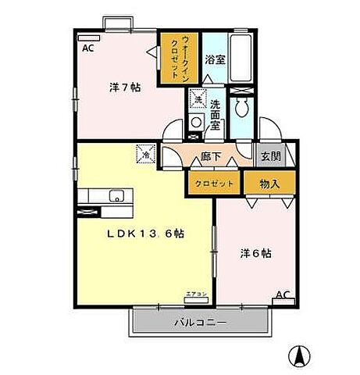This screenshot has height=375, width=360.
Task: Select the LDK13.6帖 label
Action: pos(145,233)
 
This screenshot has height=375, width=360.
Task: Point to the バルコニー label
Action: pos(199,322)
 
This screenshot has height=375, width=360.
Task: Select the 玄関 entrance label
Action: pos(270,155)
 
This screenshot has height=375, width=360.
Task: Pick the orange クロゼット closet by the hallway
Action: pos(211,184)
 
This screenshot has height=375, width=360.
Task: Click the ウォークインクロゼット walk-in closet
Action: pos(178,56)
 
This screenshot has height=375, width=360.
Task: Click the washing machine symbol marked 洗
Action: pos(198,100)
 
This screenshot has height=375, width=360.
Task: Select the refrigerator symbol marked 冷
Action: pos(146,154)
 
